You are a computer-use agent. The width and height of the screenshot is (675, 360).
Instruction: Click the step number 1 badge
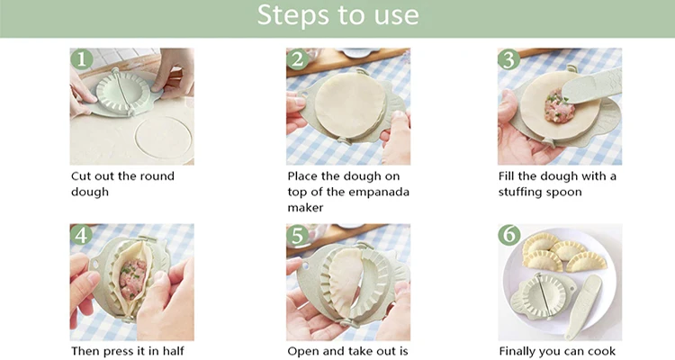[x=82, y=59]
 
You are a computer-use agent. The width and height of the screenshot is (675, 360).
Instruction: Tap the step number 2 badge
[x=298, y=59]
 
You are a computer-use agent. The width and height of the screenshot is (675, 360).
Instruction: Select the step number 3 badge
[x=509, y=59]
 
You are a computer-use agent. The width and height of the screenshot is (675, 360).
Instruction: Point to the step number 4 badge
[x=82, y=235]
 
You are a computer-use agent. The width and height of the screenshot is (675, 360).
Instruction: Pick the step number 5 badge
[x=298, y=235]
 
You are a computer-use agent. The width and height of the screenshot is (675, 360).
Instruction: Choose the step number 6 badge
[x=509, y=235]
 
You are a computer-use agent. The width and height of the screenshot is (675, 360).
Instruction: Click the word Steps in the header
[x=293, y=14]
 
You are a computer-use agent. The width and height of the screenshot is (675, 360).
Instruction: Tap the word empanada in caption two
[x=378, y=192]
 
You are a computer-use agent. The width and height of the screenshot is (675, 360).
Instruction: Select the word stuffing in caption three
[x=520, y=192]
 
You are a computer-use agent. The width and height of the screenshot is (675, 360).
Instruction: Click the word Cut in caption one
[x=80, y=175]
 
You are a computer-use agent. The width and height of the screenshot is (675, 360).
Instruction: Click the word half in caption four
[x=172, y=351]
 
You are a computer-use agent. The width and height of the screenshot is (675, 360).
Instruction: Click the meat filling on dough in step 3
[x=558, y=106]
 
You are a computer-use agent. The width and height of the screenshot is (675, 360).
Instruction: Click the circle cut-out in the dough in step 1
[x=163, y=139]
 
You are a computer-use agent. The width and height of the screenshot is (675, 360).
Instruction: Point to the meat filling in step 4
[x=132, y=279]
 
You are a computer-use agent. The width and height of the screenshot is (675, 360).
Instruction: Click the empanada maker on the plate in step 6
[x=544, y=296]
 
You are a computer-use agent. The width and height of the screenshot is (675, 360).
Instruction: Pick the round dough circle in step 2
[x=349, y=105]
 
